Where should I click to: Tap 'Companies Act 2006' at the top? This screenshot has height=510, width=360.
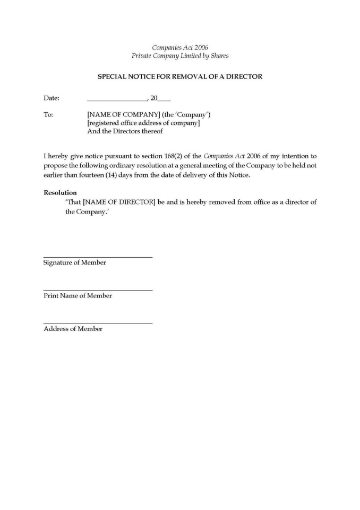pyautogui.click(x=180, y=47)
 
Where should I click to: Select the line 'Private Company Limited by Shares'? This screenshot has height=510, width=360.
pyautogui.click(x=180, y=56)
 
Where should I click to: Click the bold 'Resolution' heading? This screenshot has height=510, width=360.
pyautogui.click(x=61, y=193)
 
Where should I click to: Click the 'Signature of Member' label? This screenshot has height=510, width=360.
pyautogui.click(x=74, y=263)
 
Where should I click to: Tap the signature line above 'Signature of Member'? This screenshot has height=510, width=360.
pyautogui.click(x=98, y=257)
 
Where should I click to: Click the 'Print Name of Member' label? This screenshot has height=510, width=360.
pyautogui.click(x=77, y=296)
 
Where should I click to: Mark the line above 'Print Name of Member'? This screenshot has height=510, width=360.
pyautogui.click(x=98, y=290)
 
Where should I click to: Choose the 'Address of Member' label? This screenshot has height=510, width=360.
pyautogui.click(x=72, y=329)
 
